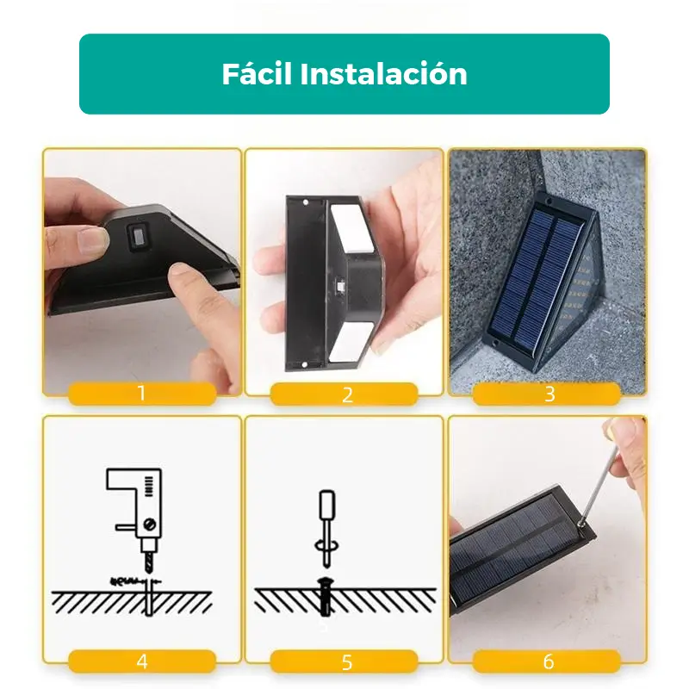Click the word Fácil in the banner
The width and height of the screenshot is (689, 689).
pyautogui.click(x=257, y=73)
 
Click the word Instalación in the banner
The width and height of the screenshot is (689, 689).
pyautogui.click(x=383, y=73)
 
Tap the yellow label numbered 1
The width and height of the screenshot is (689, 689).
pyautogui.click(x=142, y=394)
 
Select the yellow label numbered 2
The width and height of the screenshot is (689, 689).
pyautogui.click(x=344, y=394)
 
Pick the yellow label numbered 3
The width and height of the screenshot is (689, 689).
pyautogui.click(x=547, y=394)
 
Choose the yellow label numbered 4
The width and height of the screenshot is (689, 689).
pyautogui.click(x=142, y=661)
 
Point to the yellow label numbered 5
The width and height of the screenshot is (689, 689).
pyautogui.click(x=344, y=661)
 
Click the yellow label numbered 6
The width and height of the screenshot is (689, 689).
pyautogui.click(x=547, y=661)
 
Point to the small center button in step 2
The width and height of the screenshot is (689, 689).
pyautogui.click(x=340, y=286)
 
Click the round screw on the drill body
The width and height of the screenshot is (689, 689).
pyautogui.click(x=150, y=524)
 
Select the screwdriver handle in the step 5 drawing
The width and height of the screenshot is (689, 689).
pyautogui.click(x=327, y=505)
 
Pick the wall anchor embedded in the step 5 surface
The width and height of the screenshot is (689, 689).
pyautogui.click(x=325, y=598)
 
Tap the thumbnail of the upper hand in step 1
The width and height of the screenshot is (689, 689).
pyautogui.click(x=94, y=239)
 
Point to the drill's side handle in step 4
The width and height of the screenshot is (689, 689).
pyautogui.click(x=126, y=527)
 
